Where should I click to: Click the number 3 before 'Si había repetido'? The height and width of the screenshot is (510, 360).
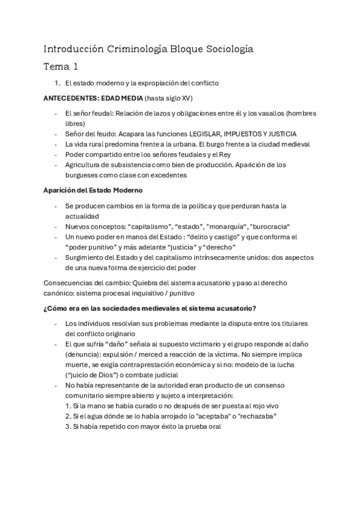click(67, 426)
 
